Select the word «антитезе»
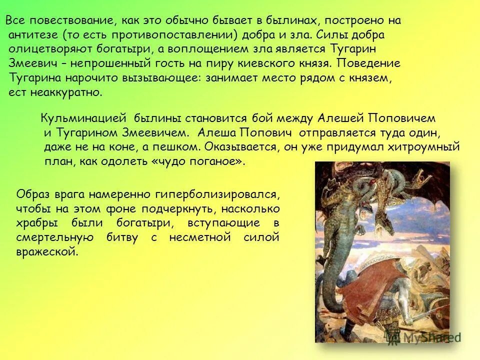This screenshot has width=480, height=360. [x=32, y=35]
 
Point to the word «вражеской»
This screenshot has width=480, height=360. [x=47, y=252]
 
